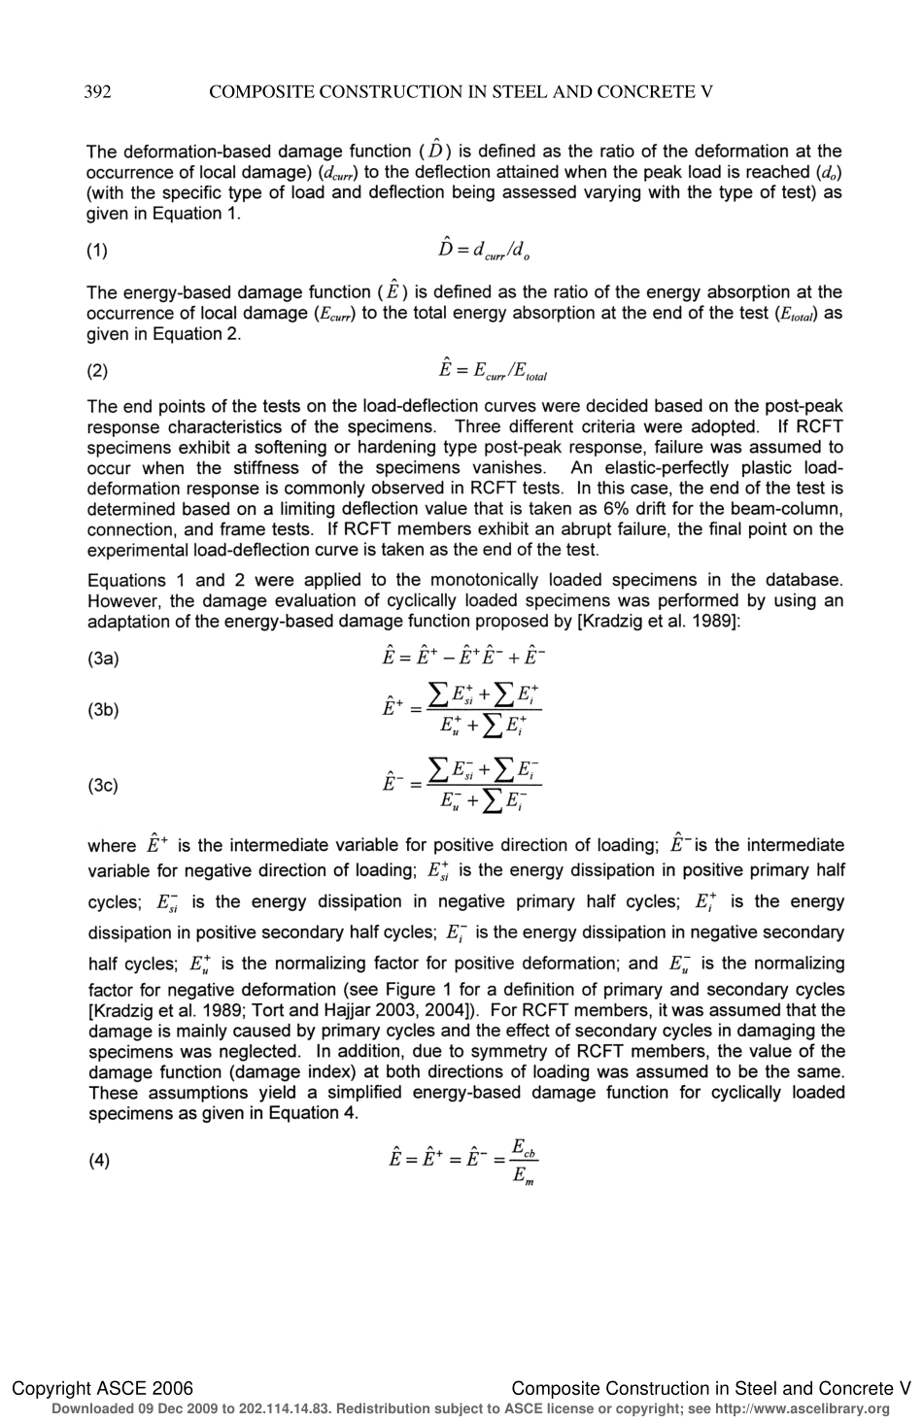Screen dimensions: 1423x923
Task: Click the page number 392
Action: pos(98,92)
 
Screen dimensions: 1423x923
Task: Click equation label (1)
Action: pos(98,251)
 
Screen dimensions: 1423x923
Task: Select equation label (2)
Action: pos(98,370)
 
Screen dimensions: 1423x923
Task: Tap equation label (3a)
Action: pos(103,659)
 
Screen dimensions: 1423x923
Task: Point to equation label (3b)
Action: pos(103,709)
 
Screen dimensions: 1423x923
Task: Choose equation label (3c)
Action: pos(103,785)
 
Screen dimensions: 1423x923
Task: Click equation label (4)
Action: pos(98,1160)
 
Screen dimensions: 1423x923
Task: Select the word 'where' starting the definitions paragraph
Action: pos(111,846)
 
